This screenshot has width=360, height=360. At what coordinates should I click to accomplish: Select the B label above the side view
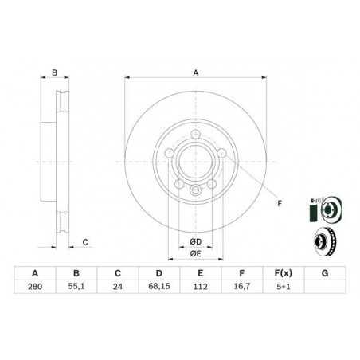[55, 73]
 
